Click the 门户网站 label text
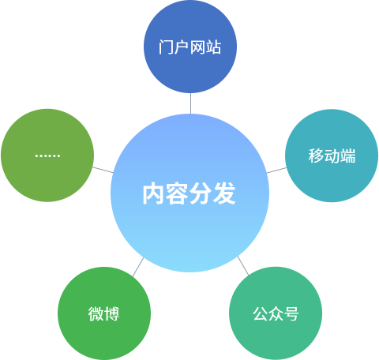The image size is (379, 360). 189,47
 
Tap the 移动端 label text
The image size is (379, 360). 332,156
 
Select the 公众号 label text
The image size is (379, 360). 276,313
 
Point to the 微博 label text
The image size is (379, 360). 104,313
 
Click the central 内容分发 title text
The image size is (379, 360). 189,193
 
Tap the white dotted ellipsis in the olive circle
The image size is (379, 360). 47,156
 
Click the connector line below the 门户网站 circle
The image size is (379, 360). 190,103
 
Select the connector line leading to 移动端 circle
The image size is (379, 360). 276,171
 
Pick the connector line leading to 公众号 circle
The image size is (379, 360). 243,266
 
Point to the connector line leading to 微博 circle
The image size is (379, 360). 138,267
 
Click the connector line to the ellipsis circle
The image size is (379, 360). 103,170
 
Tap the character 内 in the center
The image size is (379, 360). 153,194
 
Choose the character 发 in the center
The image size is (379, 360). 224,194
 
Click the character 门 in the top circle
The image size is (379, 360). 166,47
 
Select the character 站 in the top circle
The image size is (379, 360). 213,47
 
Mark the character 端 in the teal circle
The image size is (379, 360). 348,156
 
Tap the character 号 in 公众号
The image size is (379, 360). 291,314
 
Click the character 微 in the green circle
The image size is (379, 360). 96,314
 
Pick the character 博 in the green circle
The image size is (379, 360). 112,314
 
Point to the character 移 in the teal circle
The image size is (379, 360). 316,156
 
